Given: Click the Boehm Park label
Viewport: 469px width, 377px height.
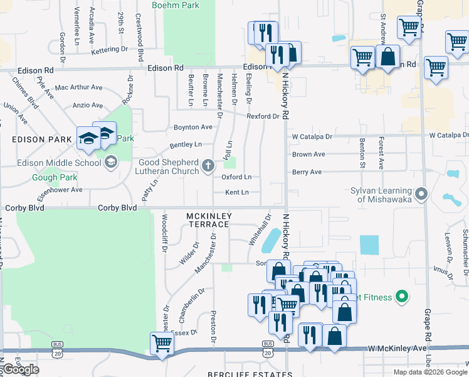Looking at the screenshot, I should pyautogui.click(x=174, y=4).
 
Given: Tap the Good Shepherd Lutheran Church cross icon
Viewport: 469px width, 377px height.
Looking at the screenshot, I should pyautogui.click(x=209, y=167).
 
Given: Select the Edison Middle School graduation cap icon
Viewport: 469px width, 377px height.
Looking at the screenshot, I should pyautogui.click(x=111, y=163).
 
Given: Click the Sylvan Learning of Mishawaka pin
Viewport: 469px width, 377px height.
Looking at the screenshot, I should pyautogui.click(x=421, y=194).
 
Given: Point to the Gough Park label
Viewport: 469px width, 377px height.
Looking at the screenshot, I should pyautogui.click(x=54, y=177).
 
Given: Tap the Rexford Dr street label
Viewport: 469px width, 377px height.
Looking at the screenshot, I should pyautogui.click(x=263, y=116).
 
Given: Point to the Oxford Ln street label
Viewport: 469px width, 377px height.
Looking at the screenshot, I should pyautogui.click(x=236, y=177).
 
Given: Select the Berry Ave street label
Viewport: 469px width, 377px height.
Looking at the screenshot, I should pyautogui.click(x=307, y=172).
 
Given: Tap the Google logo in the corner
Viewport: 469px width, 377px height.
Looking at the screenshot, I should pyautogui.click(x=21, y=369).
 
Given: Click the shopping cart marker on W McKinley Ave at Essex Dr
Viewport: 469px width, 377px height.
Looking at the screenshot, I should pyautogui.click(x=162, y=342).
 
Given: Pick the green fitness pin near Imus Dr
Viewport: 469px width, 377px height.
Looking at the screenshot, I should pyautogui.click(x=403, y=297).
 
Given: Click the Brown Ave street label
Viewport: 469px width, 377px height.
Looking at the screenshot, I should pyautogui.click(x=308, y=155).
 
